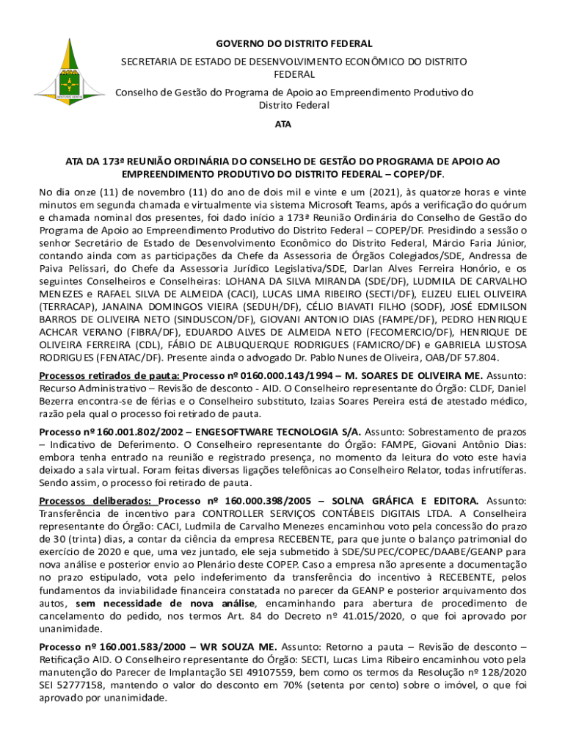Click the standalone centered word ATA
pos(282,124)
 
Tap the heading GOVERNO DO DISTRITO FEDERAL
pos(283,44)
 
